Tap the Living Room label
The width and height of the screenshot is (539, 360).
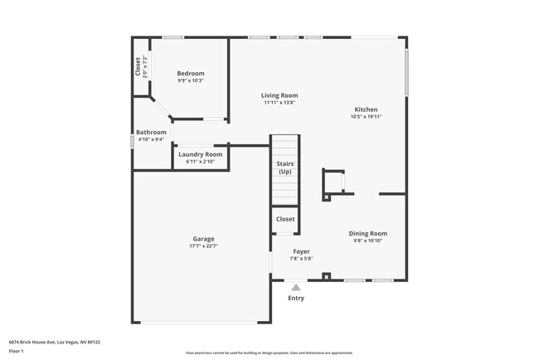(x=280, y=95)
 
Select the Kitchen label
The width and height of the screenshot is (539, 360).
(x=366, y=109)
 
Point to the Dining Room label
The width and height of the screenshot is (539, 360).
(x=367, y=233)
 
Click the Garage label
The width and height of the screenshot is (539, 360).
(x=203, y=239)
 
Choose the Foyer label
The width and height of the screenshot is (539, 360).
(x=301, y=251)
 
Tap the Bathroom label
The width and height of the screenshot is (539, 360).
(x=152, y=132)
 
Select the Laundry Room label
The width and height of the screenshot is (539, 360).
(x=200, y=154)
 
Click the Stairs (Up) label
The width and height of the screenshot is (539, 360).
(x=284, y=168)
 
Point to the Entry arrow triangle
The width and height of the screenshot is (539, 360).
(x=295, y=287)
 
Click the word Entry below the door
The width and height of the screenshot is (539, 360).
(x=295, y=298)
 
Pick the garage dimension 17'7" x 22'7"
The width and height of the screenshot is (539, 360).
(x=203, y=246)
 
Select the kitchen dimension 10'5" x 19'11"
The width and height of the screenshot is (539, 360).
(x=366, y=117)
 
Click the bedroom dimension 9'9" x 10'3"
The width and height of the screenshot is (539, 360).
(x=190, y=81)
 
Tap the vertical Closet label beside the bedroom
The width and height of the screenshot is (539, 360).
(x=138, y=66)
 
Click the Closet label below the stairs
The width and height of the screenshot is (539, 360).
(x=285, y=219)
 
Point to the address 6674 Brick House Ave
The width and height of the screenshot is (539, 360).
(x=41, y=341)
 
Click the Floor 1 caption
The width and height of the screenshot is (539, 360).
(x=17, y=351)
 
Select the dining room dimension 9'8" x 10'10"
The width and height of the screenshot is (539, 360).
(x=367, y=241)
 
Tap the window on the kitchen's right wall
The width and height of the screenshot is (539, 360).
(x=405, y=72)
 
